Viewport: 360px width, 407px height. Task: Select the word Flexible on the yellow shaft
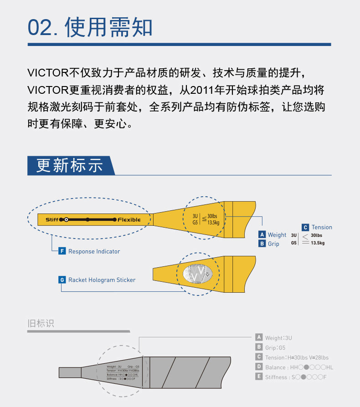tap(129, 220)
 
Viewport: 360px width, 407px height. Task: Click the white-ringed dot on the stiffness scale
tap(66, 220)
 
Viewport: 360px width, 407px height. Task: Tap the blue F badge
tap(62, 251)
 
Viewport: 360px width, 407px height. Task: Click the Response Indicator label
tap(94, 251)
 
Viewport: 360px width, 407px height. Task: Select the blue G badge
tap(62, 280)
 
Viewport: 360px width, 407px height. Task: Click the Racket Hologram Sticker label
tap(102, 280)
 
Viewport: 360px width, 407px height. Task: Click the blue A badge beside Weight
tap(262, 235)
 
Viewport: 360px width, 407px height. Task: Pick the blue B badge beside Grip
tap(262, 244)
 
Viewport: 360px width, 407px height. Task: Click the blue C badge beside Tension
tap(305, 227)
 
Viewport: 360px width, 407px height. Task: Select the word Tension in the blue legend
tap(322, 227)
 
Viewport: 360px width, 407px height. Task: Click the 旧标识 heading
tap(41, 324)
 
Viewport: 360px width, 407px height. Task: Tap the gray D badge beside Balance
tap(259, 367)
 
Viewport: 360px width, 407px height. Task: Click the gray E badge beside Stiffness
tap(259, 377)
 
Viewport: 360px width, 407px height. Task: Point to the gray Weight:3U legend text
tap(278, 338)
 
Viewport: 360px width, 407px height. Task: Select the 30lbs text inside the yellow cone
tap(212, 216)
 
